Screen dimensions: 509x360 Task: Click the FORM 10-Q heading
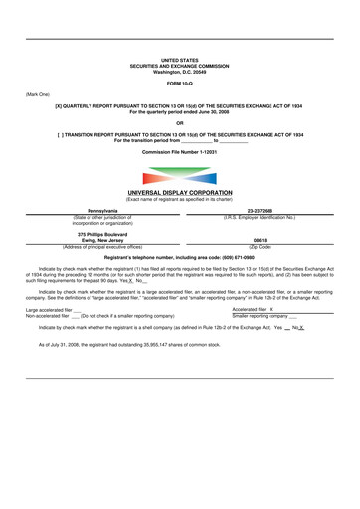tap(179, 83)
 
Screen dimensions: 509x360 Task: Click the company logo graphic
tap(179, 174)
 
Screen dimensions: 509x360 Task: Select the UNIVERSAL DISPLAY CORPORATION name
tap(179, 193)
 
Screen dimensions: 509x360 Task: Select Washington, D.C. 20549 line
tap(179, 72)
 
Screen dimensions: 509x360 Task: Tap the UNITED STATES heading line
tap(179, 60)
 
